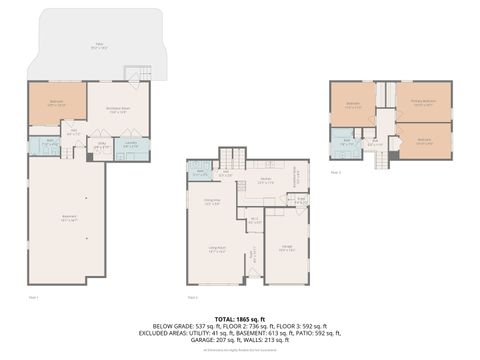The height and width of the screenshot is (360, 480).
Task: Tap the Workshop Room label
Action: click(x=117, y=111)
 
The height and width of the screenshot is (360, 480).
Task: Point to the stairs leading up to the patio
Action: click(x=136, y=73)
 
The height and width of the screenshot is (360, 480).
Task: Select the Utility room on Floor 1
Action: click(x=100, y=145)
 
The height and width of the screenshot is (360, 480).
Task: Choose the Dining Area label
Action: click(x=211, y=202)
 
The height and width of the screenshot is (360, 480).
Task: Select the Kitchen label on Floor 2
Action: click(x=265, y=180)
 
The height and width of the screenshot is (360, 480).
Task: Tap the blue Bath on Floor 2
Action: click(x=200, y=170)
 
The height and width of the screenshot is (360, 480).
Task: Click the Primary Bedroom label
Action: click(x=423, y=102)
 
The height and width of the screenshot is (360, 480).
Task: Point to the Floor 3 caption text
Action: click(x=335, y=172)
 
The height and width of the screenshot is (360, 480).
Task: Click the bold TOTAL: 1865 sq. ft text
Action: click(x=240, y=317)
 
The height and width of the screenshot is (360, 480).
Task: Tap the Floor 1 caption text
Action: click(x=33, y=297)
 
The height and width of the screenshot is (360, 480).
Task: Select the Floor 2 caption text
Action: click(x=192, y=297)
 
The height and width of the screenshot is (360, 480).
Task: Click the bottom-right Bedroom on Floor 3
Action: click(x=425, y=141)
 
